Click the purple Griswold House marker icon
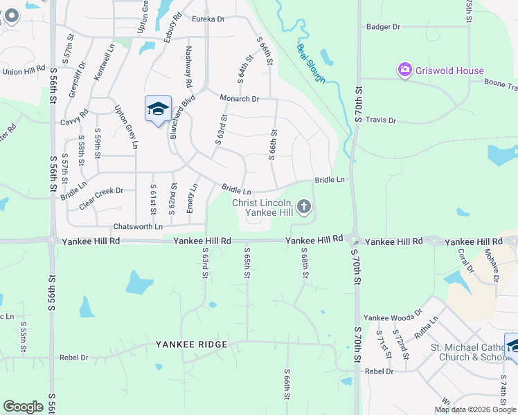[x=404, y=70]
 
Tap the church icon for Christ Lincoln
[x=303, y=206]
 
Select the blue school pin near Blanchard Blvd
[x=158, y=109]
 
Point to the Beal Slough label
[x=310, y=63]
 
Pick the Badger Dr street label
[x=383, y=27]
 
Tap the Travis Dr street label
[x=381, y=120]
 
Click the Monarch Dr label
[x=239, y=99]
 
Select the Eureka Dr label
[x=208, y=19]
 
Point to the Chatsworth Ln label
[x=138, y=226]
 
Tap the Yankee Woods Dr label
[x=391, y=317]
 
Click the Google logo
[x=23, y=407]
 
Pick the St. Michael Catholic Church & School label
[x=466, y=352]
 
